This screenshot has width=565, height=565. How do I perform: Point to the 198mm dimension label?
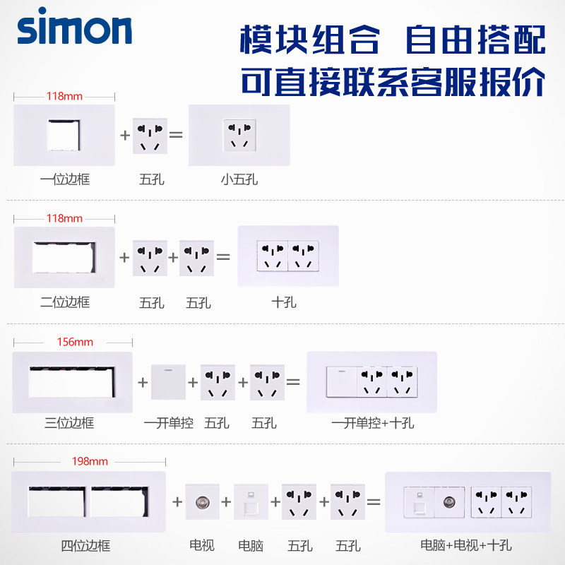(90, 462)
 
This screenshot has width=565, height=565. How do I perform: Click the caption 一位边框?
(65, 179)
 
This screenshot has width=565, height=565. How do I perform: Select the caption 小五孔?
(239, 179)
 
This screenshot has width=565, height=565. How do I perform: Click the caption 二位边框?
(65, 302)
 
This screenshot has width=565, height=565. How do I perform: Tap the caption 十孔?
(284, 302)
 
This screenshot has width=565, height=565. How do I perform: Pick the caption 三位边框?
(69, 423)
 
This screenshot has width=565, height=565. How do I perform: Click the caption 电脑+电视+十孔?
(466, 545)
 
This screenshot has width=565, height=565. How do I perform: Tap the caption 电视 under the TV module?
(202, 545)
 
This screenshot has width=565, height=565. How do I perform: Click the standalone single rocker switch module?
(168, 381)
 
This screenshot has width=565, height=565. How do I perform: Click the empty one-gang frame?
(64, 136)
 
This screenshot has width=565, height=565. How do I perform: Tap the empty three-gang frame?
(72, 382)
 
